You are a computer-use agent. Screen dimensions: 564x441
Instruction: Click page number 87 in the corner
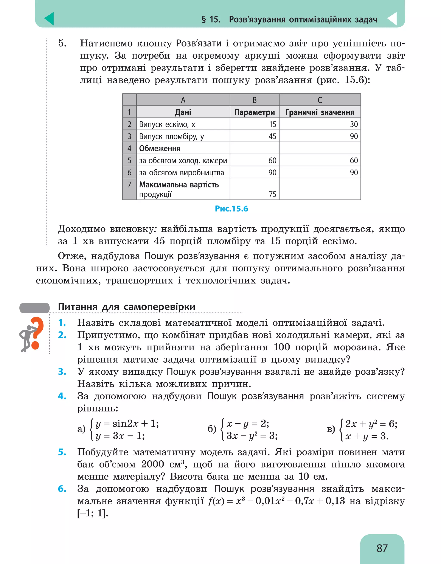tap(382, 548)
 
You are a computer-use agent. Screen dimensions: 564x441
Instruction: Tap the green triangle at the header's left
tap(50, 19)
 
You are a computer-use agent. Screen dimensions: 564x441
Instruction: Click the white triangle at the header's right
tap(392, 19)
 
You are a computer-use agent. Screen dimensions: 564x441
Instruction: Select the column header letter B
tap(254, 100)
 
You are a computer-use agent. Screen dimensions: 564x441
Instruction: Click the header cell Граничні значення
tap(320, 112)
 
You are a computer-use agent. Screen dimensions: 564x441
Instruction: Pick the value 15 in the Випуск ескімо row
tap(273, 124)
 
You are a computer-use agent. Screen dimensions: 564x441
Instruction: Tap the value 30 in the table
tap(354, 124)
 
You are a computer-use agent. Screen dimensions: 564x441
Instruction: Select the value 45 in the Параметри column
tap(272, 136)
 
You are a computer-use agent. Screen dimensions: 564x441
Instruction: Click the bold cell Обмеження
tap(160, 149)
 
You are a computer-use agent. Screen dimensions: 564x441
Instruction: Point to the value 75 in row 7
tap(272, 194)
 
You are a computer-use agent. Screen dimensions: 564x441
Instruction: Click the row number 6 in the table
tap(129, 173)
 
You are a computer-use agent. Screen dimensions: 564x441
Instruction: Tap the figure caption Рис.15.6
tap(231, 209)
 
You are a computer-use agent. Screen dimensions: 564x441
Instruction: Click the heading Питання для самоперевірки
tap(126, 307)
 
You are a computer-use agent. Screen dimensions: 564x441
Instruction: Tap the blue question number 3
tap(62, 372)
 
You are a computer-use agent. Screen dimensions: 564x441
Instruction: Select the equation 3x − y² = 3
tap(252, 436)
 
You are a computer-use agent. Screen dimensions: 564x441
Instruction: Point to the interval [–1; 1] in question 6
tap(93, 513)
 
